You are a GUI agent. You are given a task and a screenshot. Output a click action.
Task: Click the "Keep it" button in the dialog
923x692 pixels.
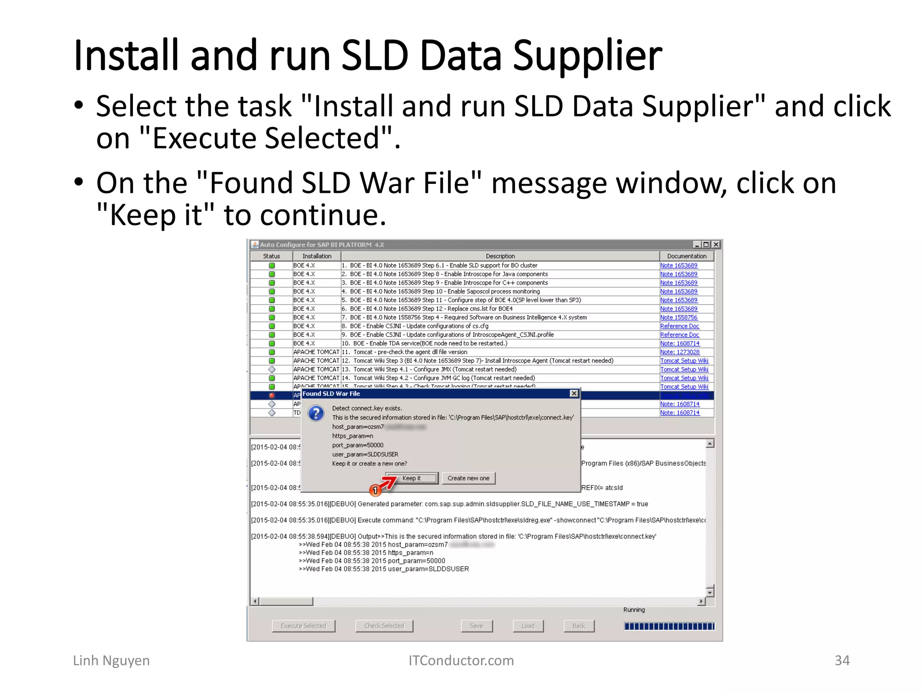tap(411, 478)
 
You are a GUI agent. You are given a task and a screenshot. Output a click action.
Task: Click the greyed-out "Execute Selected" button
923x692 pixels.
tap(303, 626)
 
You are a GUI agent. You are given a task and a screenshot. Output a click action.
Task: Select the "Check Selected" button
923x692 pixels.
tap(384, 626)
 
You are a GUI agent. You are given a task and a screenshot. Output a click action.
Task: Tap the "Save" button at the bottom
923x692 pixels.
tap(476, 626)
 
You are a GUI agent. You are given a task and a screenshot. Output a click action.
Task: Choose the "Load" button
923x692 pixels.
tap(528, 626)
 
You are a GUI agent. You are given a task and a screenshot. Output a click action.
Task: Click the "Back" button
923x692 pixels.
tap(579, 626)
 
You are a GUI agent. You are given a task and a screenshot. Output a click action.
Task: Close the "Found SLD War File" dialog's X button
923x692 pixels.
tap(574, 393)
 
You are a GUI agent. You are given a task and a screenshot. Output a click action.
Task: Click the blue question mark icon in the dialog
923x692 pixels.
tap(316, 413)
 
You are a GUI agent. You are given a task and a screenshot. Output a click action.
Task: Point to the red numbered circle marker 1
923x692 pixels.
tap(375, 490)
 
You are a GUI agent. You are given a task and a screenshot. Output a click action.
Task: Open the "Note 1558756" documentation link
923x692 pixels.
tap(679, 317)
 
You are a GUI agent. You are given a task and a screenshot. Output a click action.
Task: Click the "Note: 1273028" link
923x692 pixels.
tap(680, 352)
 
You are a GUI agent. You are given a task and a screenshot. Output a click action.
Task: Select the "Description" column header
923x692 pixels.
tap(500, 256)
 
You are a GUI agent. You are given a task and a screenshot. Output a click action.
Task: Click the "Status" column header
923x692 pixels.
tap(271, 256)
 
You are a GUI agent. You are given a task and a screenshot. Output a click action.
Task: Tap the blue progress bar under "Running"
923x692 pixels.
tap(669, 626)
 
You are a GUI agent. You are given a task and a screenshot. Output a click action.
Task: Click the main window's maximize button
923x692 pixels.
tap(706, 245)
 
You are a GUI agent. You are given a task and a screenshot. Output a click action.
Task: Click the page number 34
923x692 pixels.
tap(842, 660)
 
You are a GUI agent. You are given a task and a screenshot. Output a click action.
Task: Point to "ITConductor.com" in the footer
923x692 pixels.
tap(461, 660)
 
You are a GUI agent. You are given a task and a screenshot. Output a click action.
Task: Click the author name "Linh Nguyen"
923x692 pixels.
tap(111, 660)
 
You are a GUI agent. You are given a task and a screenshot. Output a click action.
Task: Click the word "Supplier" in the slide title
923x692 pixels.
tap(587, 56)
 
